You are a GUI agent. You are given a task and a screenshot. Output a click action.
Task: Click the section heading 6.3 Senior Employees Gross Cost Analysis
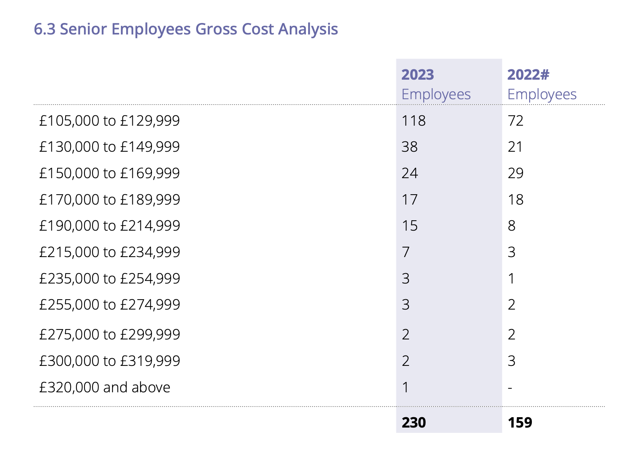click(186, 29)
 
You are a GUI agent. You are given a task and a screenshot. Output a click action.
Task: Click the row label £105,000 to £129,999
click(109, 121)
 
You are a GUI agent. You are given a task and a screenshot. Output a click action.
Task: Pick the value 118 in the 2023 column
click(413, 121)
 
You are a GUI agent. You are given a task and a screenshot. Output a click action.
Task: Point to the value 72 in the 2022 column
click(515, 121)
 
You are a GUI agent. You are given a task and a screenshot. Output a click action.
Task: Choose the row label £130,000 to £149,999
click(109, 147)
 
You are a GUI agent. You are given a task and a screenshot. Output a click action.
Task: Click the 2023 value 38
click(409, 147)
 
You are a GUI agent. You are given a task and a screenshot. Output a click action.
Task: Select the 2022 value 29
click(516, 173)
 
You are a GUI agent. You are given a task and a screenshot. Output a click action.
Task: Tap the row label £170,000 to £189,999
click(109, 200)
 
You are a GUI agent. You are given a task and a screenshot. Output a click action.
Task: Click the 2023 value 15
click(409, 226)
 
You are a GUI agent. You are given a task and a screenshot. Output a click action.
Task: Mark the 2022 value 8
click(511, 226)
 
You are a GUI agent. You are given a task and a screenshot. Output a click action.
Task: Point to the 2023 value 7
click(406, 252)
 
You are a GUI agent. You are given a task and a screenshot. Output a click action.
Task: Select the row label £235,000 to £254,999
click(109, 279)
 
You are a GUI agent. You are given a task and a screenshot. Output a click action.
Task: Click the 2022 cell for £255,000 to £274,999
click(511, 305)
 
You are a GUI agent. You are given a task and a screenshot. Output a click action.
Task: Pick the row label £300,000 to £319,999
click(109, 361)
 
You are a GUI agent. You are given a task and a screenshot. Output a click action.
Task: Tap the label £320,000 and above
click(105, 387)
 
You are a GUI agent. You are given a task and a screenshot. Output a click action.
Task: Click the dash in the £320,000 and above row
click(510, 388)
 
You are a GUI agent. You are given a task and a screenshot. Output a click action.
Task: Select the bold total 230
click(414, 423)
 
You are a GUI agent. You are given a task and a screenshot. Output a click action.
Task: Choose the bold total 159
click(520, 423)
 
